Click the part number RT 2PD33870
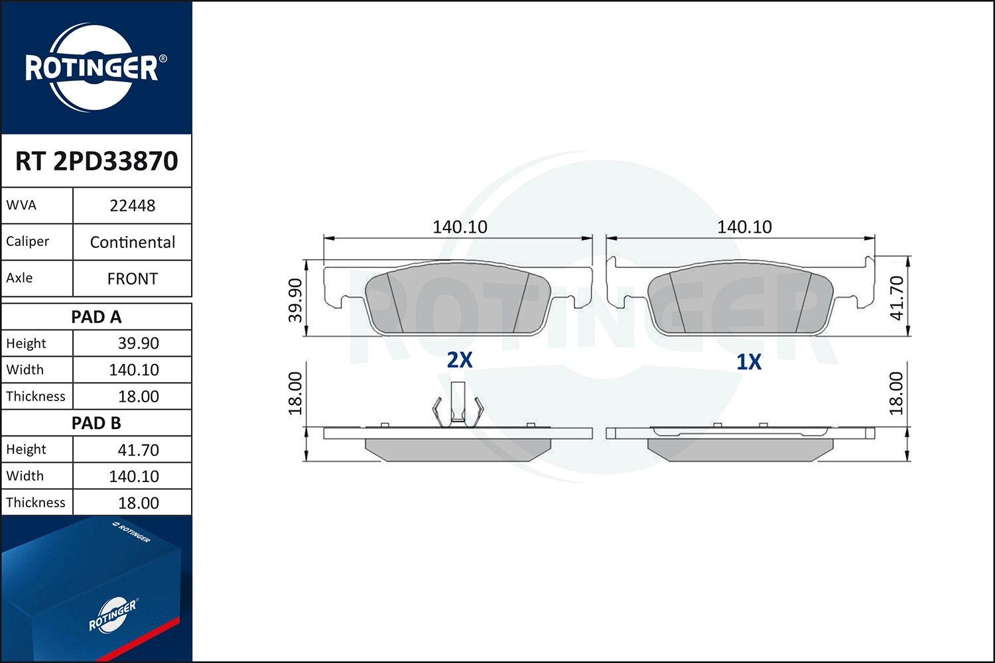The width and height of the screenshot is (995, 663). tap(97, 161)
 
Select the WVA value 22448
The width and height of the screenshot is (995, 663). tap(132, 206)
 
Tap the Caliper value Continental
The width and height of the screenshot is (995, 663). tap(132, 242)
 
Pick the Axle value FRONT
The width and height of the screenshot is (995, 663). tap(132, 278)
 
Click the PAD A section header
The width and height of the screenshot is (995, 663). tap(96, 317)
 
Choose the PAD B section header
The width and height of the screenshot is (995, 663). tap(96, 423)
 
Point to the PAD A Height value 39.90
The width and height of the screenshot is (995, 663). tap(138, 343)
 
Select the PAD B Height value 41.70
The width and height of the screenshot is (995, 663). tap(138, 450)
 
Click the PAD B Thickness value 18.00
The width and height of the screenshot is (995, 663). tap(138, 503)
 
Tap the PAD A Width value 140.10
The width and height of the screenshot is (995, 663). tap(134, 370)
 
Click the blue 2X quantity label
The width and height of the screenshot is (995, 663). tap(459, 359)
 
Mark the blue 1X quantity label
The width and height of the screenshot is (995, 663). tap(749, 361)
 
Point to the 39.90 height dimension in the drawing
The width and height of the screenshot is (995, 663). tap(295, 300)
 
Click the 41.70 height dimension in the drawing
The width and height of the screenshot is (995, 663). tap(896, 298)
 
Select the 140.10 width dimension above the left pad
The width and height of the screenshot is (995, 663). tap(460, 227)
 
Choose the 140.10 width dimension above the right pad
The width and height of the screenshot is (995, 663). tap(744, 227)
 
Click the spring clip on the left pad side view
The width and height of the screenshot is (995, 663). tap(457, 406)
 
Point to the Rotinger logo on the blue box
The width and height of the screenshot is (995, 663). tap(113, 615)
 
